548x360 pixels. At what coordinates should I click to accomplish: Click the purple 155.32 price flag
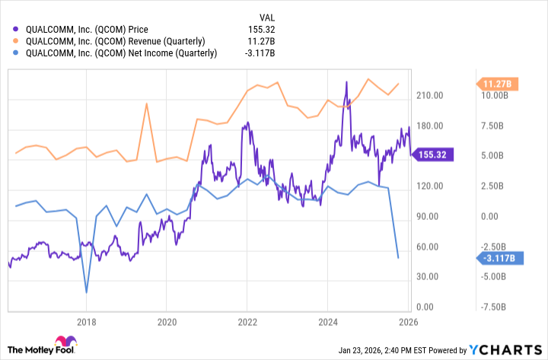click(x=432, y=155)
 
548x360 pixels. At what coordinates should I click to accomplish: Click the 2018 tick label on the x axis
click(x=88, y=321)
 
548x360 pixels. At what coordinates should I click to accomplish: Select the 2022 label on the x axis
click(x=247, y=321)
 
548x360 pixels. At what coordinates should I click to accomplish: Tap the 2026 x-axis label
click(x=406, y=321)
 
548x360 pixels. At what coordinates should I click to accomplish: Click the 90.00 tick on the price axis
click(x=429, y=217)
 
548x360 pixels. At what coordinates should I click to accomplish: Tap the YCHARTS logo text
click(x=509, y=349)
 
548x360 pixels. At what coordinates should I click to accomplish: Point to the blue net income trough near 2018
click(x=87, y=292)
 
